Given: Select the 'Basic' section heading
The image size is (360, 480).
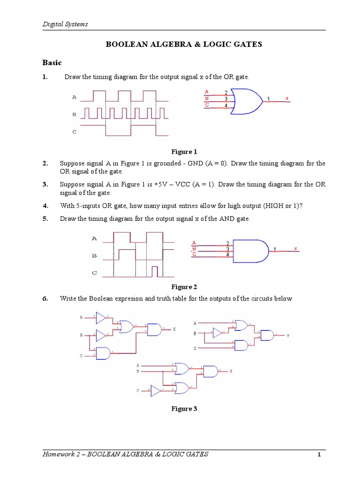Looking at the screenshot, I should click(x=52, y=62).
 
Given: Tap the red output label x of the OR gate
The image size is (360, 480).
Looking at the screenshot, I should click(x=287, y=99).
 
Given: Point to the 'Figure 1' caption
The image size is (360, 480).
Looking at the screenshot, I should click(x=184, y=152).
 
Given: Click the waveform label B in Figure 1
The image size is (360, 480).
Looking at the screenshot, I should click(x=74, y=114).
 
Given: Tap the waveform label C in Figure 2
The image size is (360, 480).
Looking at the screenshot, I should click(x=94, y=272).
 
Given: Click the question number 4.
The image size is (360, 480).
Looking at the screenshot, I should click(x=45, y=206).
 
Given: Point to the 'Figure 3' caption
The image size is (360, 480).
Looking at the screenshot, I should click(x=184, y=409).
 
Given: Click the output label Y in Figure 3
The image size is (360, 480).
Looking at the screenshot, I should click(x=288, y=335).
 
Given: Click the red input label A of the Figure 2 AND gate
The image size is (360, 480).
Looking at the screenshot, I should click(x=194, y=243).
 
